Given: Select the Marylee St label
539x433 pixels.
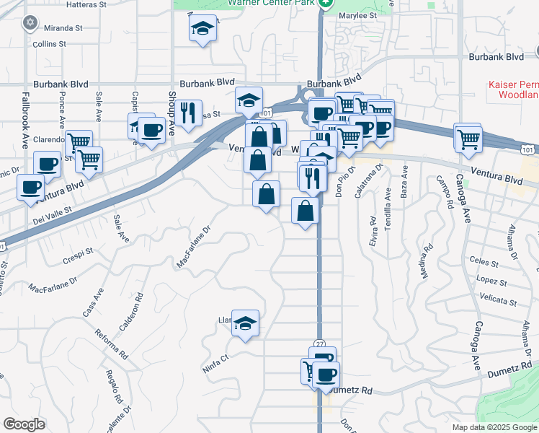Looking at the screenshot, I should (x=357, y=15).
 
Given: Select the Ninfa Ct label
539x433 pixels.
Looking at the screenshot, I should (x=214, y=358).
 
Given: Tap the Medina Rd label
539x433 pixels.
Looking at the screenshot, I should (x=427, y=261).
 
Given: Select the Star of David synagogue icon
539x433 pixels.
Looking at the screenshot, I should (x=30, y=22).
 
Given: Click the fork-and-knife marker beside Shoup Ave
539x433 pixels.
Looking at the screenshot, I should (x=187, y=113).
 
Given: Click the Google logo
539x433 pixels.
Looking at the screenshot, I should (x=23, y=424).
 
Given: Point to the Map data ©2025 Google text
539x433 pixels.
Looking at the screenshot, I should (x=494, y=427).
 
